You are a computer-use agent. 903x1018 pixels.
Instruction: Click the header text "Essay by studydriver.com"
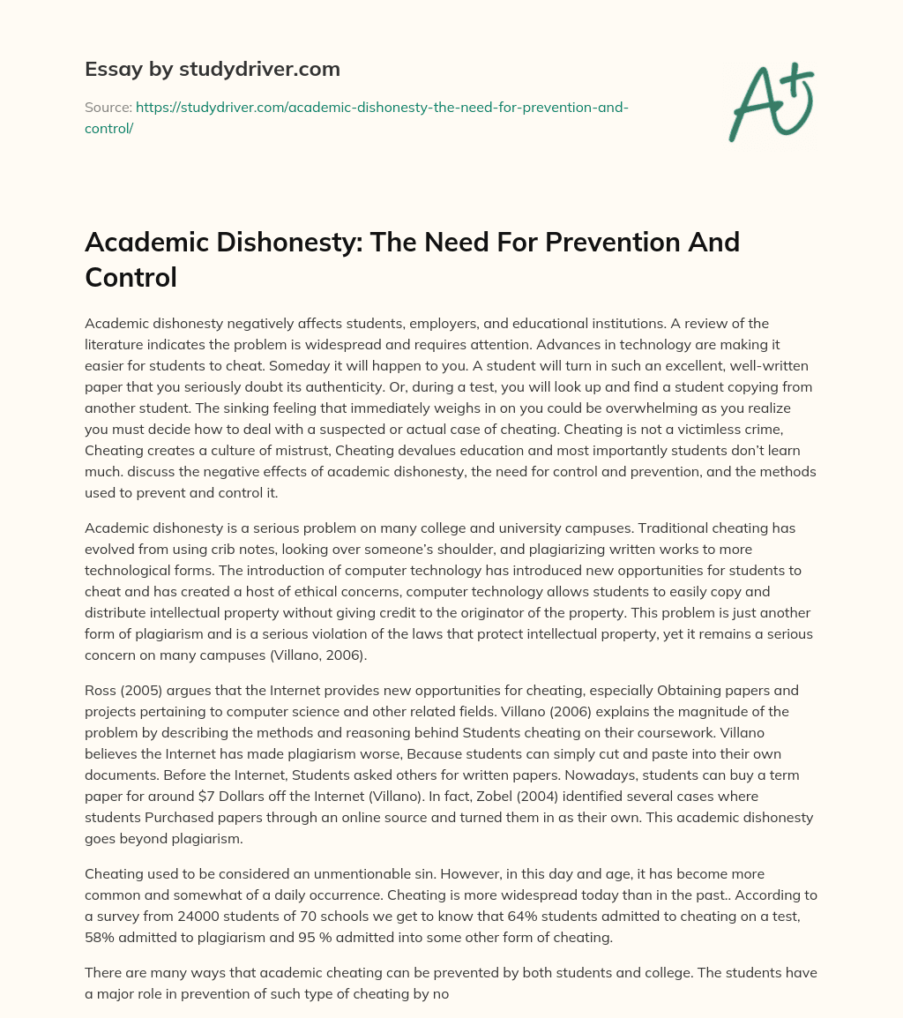pos(213,69)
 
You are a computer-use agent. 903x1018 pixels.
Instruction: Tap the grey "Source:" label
pos(108,107)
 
